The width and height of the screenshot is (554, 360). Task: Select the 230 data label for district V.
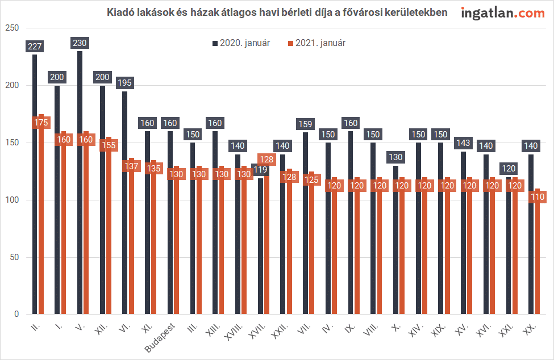(x=80, y=43)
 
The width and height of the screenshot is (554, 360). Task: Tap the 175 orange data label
(x=41, y=122)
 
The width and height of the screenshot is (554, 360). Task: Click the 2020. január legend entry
(x=241, y=43)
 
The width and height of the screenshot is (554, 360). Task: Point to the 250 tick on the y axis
(x=12, y=28)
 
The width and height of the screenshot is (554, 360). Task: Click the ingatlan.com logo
(x=503, y=12)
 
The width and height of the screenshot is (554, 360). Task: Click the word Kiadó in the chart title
(x=120, y=12)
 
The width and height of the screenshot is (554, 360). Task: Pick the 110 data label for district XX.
(x=537, y=197)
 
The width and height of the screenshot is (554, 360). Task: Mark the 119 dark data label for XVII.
(x=260, y=169)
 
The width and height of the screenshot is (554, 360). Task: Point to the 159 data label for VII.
(x=305, y=123)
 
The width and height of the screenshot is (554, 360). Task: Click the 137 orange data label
(x=131, y=166)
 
